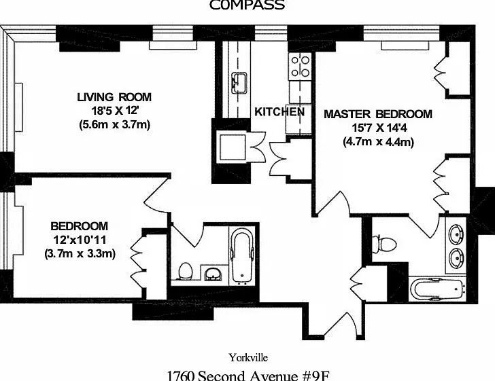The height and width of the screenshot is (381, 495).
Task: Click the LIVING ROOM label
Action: coord(114,97)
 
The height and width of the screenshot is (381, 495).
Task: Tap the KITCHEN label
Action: coord(279,111)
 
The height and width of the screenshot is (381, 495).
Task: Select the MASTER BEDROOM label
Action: coord(378,114)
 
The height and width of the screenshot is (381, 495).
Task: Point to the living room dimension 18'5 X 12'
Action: coord(115,111)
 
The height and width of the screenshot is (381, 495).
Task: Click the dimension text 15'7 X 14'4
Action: coord(379,128)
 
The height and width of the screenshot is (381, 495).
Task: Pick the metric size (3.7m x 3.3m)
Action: coord(80,253)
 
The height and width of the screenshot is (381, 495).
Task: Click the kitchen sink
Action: coord(239,84)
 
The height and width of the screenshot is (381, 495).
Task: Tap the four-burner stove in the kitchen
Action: coord(300,67)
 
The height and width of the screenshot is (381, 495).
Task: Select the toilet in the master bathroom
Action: coord(384,244)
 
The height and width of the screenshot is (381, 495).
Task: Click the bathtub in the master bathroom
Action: coord(437,289)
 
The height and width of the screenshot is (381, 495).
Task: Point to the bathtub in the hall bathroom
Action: coord(242,256)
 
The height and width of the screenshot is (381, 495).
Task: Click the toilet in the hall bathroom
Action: coord(186,271)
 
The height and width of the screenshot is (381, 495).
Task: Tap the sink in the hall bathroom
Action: coord(214,274)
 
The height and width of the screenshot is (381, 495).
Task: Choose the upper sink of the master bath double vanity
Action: coord(456,234)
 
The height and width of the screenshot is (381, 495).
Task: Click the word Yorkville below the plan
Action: coord(248,358)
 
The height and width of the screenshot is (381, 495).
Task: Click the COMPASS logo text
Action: coord(247,5)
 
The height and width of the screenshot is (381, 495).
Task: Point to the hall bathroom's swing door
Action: coord(188,234)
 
